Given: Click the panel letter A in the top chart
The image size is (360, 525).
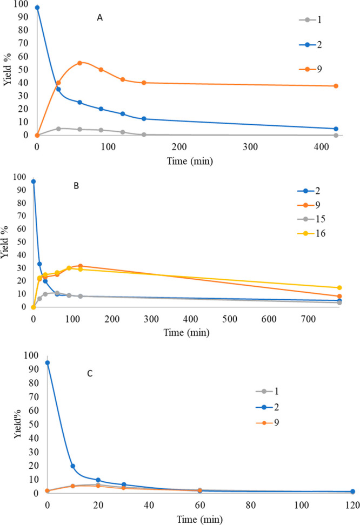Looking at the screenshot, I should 99,18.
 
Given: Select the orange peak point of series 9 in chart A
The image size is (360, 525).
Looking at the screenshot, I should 79,63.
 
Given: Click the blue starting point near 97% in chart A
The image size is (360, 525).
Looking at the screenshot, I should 37,8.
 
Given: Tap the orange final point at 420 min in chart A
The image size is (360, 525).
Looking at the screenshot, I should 336,86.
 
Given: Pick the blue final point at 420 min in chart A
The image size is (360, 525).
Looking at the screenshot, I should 336,129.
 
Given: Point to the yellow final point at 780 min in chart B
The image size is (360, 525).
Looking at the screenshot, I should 339,287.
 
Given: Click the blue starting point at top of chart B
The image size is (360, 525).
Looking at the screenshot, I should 34,181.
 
